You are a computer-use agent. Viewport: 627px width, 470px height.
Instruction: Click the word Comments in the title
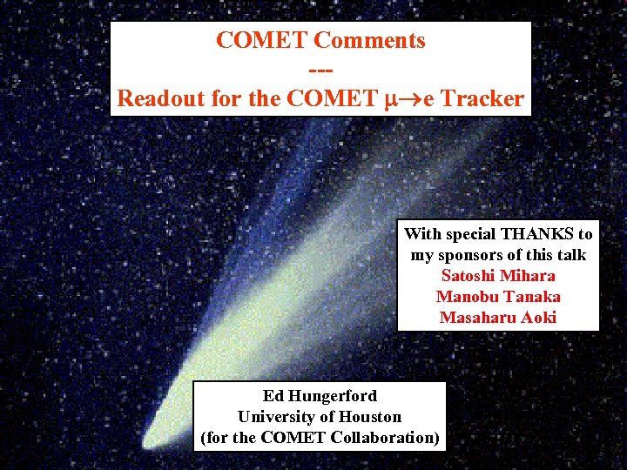[x=369, y=40]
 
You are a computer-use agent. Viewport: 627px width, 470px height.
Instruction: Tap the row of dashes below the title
[x=320, y=70]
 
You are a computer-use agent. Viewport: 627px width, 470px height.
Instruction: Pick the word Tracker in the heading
[x=482, y=98]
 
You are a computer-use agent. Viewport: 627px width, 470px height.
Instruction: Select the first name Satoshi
[x=470, y=275]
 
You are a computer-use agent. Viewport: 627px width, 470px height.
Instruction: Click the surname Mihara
[x=529, y=275]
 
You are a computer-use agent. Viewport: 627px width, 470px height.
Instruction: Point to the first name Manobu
[x=466, y=296]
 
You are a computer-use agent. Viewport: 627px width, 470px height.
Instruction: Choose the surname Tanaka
[x=530, y=296]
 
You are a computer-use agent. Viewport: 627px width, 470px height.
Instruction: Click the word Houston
[x=371, y=416]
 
